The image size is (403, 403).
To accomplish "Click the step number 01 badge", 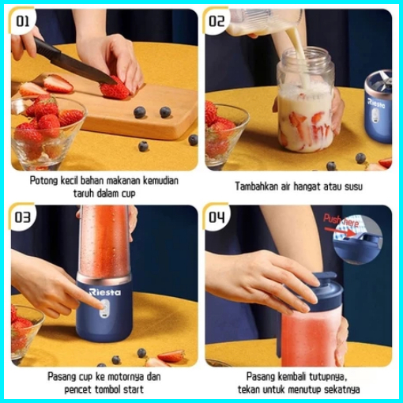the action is point(23,21).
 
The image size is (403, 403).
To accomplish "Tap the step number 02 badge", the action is point(217,21).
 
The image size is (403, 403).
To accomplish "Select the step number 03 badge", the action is point(23,217).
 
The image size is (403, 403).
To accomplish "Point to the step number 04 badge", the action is point(217,217).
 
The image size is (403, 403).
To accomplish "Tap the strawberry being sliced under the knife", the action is point(115,89).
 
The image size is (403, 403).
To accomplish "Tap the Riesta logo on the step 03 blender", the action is point(105,292).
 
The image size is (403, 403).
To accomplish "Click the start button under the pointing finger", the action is point(105,307).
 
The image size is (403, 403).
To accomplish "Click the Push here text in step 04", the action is point(341,220).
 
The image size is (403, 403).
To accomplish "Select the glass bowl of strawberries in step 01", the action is point(46,132).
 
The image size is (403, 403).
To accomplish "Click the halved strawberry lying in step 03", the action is point(171,356).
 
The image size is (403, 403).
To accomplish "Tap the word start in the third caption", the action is point(133,390).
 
